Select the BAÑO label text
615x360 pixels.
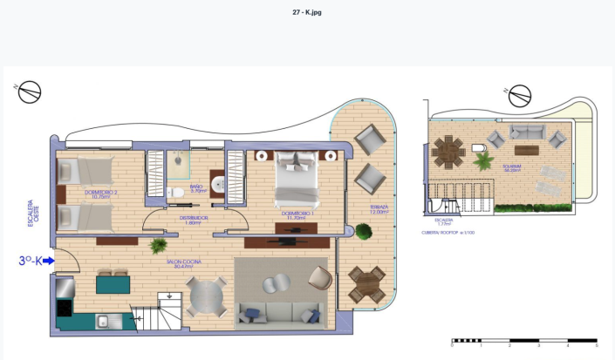pyautogui.click(x=197, y=187)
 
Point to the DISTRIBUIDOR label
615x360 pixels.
pyautogui.click(x=193, y=220)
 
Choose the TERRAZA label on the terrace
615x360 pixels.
pyautogui.click(x=378, y=209)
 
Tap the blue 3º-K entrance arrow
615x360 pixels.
pyautogui.click(x=49, y=260)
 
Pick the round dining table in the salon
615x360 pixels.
pyautogui.click(x=206, y=299)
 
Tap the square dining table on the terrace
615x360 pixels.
pyautogui.click(x=367, y=284)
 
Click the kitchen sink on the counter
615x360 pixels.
pyautogui.click(x=103, y=322)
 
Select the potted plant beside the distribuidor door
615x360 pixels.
pyautogui.click(x=158, y=247)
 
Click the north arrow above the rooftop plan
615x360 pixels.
pyautogui.click(x=520, y=96)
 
